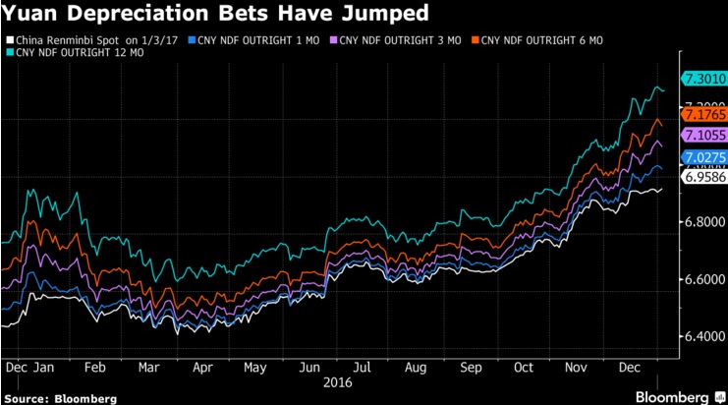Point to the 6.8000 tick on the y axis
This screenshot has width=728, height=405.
click(x=703, y=222)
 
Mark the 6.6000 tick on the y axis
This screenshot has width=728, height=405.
click(x=703, y=280)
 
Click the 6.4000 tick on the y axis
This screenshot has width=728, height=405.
click(x=703, y=337)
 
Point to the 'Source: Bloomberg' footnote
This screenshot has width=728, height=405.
click(x=59, y=398)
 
